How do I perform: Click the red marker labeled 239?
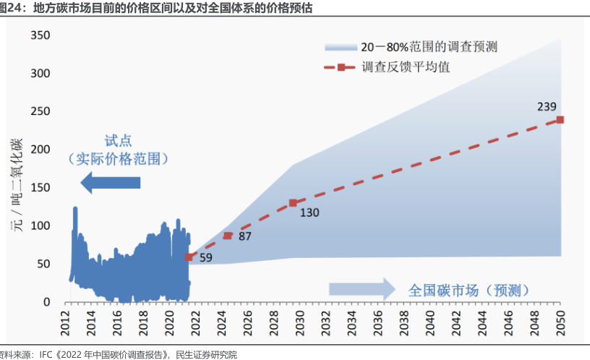[x=560, y=119]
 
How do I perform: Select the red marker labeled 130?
[x=293, y=203]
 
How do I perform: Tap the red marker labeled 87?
[x=228, y=236]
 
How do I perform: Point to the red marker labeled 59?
[x=189, y=257]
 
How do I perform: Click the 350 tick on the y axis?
[x=40, y=35]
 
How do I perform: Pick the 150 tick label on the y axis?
[x=40, y=187]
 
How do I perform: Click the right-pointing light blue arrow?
[x=362, y=289]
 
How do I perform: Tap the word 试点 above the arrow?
[x=118, y=140]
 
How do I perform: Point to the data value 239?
[x=547, y=106]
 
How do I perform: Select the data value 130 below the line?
[x=309, y=213]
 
